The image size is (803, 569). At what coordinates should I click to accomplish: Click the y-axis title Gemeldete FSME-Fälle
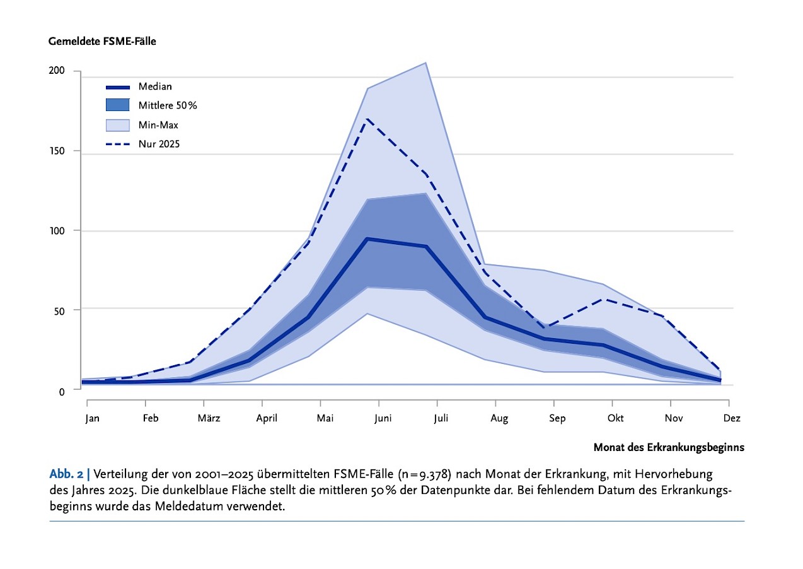point(102,42)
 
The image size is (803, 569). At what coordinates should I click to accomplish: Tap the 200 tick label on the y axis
point(57,70)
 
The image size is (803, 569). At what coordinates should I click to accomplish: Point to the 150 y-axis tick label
point(57,151)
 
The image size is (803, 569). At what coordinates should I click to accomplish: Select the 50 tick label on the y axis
point(59,311)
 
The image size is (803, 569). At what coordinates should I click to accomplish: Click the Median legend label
point(155,86)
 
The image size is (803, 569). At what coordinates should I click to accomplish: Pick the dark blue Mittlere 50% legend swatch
point(118,105)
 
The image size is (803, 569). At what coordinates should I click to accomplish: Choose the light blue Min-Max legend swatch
point(118,125)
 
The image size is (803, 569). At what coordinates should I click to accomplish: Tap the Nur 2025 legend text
point(159,144)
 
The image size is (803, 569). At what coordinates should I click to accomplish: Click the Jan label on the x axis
point(93,418)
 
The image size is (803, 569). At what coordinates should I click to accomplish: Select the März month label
point(209,418)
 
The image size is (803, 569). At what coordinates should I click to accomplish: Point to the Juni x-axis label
point(383,418)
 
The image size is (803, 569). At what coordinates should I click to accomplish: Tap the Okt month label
point(616,418)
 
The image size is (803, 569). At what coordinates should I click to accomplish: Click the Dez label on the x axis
point(732,418)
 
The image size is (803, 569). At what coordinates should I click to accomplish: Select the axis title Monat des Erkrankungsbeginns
point(669,447)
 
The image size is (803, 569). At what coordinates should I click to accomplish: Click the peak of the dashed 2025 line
point(367,119)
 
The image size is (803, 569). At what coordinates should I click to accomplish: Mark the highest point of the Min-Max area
point(425,63)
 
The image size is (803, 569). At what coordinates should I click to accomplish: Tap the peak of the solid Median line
point(367,239)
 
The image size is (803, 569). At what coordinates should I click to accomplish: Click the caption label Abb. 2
point(66,474)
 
